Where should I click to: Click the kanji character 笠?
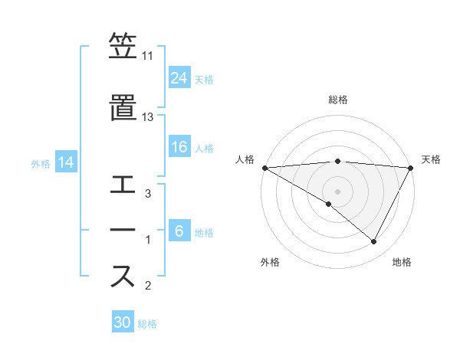[x=123, y=47]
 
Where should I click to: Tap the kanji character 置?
[x=123, y=107]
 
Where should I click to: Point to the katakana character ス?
[x=123, y=277]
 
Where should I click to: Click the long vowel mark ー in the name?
[x=123, y=231]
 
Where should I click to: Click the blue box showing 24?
[x=179, y=78]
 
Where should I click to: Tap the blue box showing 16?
[x=179, y=147]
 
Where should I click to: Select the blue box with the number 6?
[x=179, y=231]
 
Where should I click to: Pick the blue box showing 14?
[x=66, y=162]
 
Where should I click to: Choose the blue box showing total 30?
[x=123, y=322]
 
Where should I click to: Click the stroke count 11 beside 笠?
[x=148, y=56]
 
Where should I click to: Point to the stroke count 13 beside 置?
[x=148, y=117]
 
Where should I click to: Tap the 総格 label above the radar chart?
[x=338, y=100]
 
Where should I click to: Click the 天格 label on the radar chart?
[x=431, y=159]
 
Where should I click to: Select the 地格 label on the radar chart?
[x=402, y=262]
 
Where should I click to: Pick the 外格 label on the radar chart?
[x=270, y=262]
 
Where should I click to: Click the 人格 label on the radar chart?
[x=245, y=159]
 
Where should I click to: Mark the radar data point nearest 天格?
[x=411, y=168]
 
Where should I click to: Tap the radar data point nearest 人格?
[x=264, y=168]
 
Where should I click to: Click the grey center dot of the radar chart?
[x=338, y=191]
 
